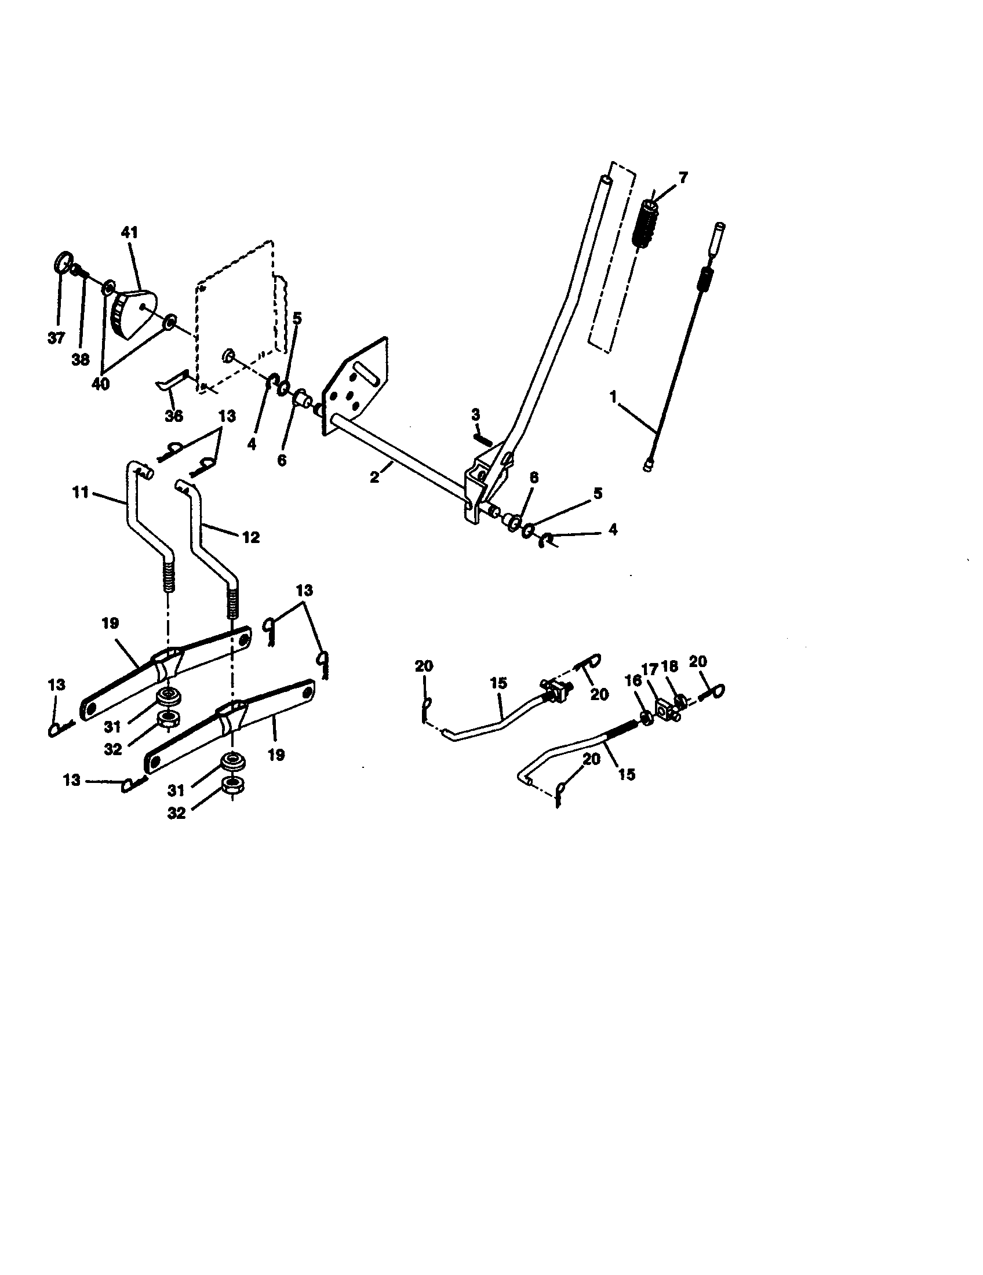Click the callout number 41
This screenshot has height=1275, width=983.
[130, 232]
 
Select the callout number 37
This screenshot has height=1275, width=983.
[56, 338]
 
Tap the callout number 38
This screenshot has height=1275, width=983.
[81, 360]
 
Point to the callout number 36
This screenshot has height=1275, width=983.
[174, 416]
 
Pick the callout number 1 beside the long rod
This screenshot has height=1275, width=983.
[613, 397]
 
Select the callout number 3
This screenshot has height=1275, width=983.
[476, 414]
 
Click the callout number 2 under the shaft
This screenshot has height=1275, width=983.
[374, 476]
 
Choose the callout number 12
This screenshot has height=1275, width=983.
[251, 537]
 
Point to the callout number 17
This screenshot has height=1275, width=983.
[650, 669]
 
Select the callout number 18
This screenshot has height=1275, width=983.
[669, 666]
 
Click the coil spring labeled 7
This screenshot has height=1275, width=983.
[646, 224]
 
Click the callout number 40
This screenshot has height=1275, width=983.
[101, 385]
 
